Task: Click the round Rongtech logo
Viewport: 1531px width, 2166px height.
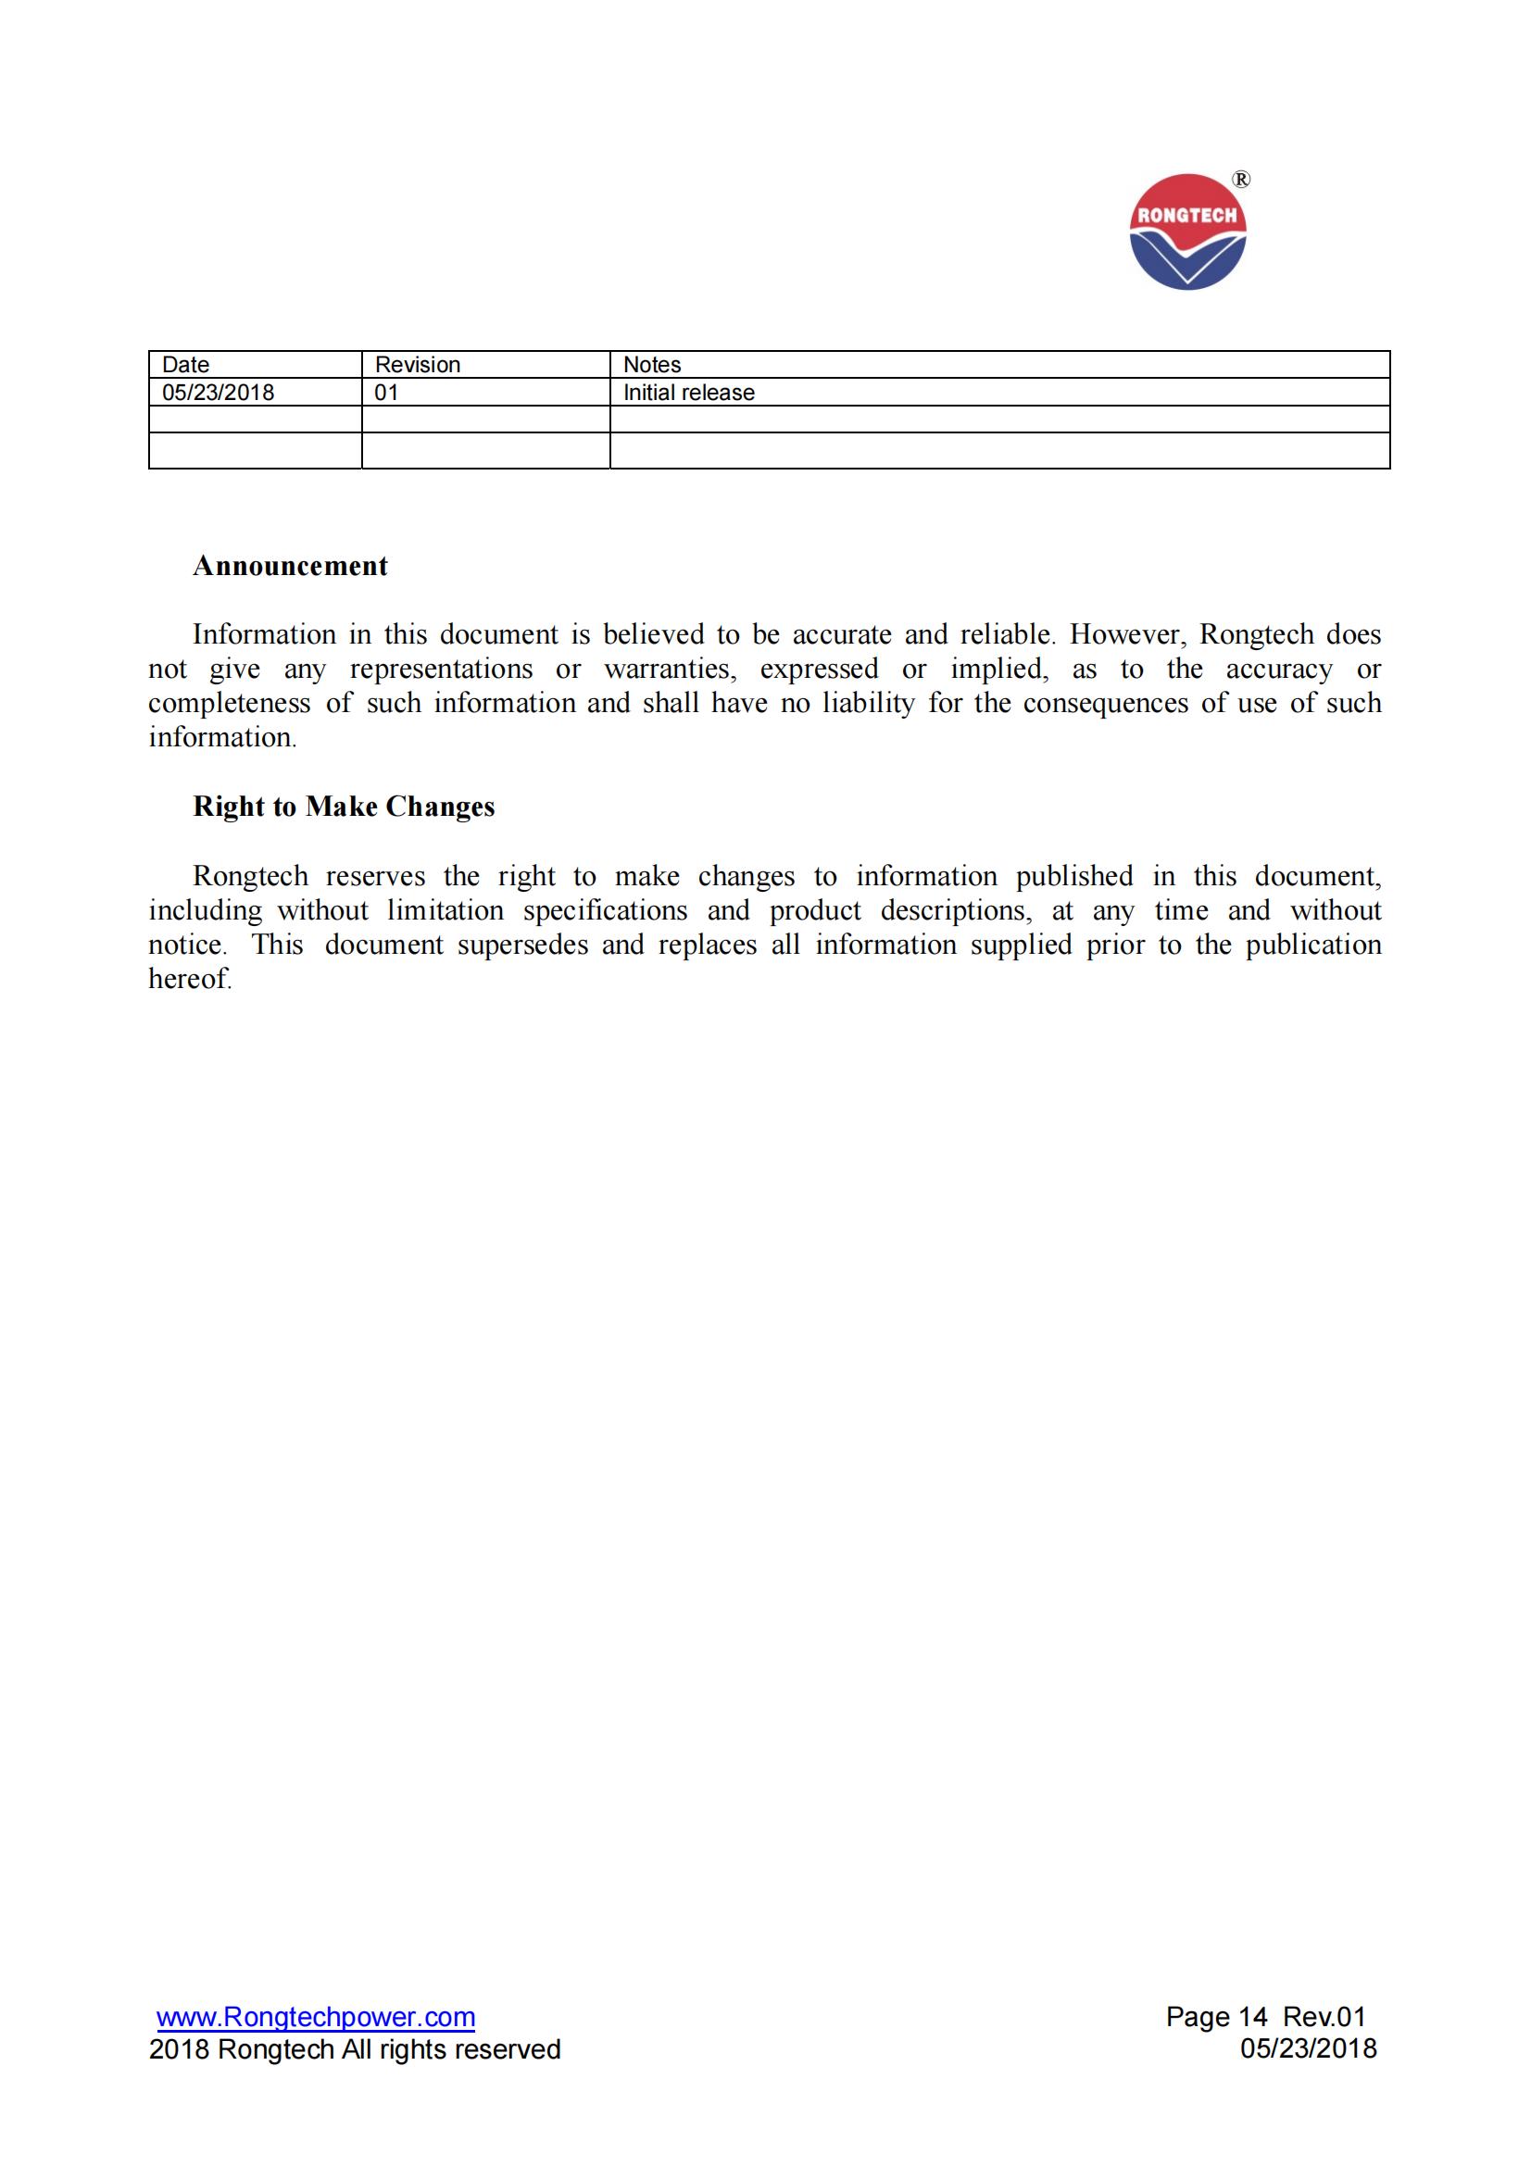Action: pyautogui.click(x=1186, y=232)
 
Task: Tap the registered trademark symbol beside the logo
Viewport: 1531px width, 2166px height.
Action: pyautogui.click(x=1241, y=180)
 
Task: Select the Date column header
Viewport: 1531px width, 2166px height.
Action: pyautogui.click(x=186, y=364)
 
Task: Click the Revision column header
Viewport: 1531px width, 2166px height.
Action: pyautogui.click(x=417, y=364)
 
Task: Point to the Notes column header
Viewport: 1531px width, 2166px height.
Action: pyautogui.click(x=652, y=364)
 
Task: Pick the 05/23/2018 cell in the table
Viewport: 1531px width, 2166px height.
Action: pyautogui.click(x=218, y=393)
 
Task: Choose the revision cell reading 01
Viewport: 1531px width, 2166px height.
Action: pyautogui.click(x=387, y=393)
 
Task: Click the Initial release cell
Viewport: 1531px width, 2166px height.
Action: pyautogui.click(x=688, y=393)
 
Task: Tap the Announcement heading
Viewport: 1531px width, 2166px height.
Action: pyautogui.click(x=291, y=566)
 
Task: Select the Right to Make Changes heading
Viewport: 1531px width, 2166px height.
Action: pyautogui.click(x=344, y=807)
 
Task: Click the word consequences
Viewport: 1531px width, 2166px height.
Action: pyautogui.click(x=1106, y=703)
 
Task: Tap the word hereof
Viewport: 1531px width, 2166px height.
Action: pyautogui.click(x=189, y=979)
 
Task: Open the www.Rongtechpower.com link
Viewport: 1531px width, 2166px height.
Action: pyautogui.click(x=316, y=2018)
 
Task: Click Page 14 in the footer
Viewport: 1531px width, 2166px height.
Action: pyautogui.click(x=1216, y=2018)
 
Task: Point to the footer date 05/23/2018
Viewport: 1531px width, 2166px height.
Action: pyautogui.click(x=1309, y=2049)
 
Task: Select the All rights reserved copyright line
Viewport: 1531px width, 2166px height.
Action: pyautogui.click(x=355, y=2049)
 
